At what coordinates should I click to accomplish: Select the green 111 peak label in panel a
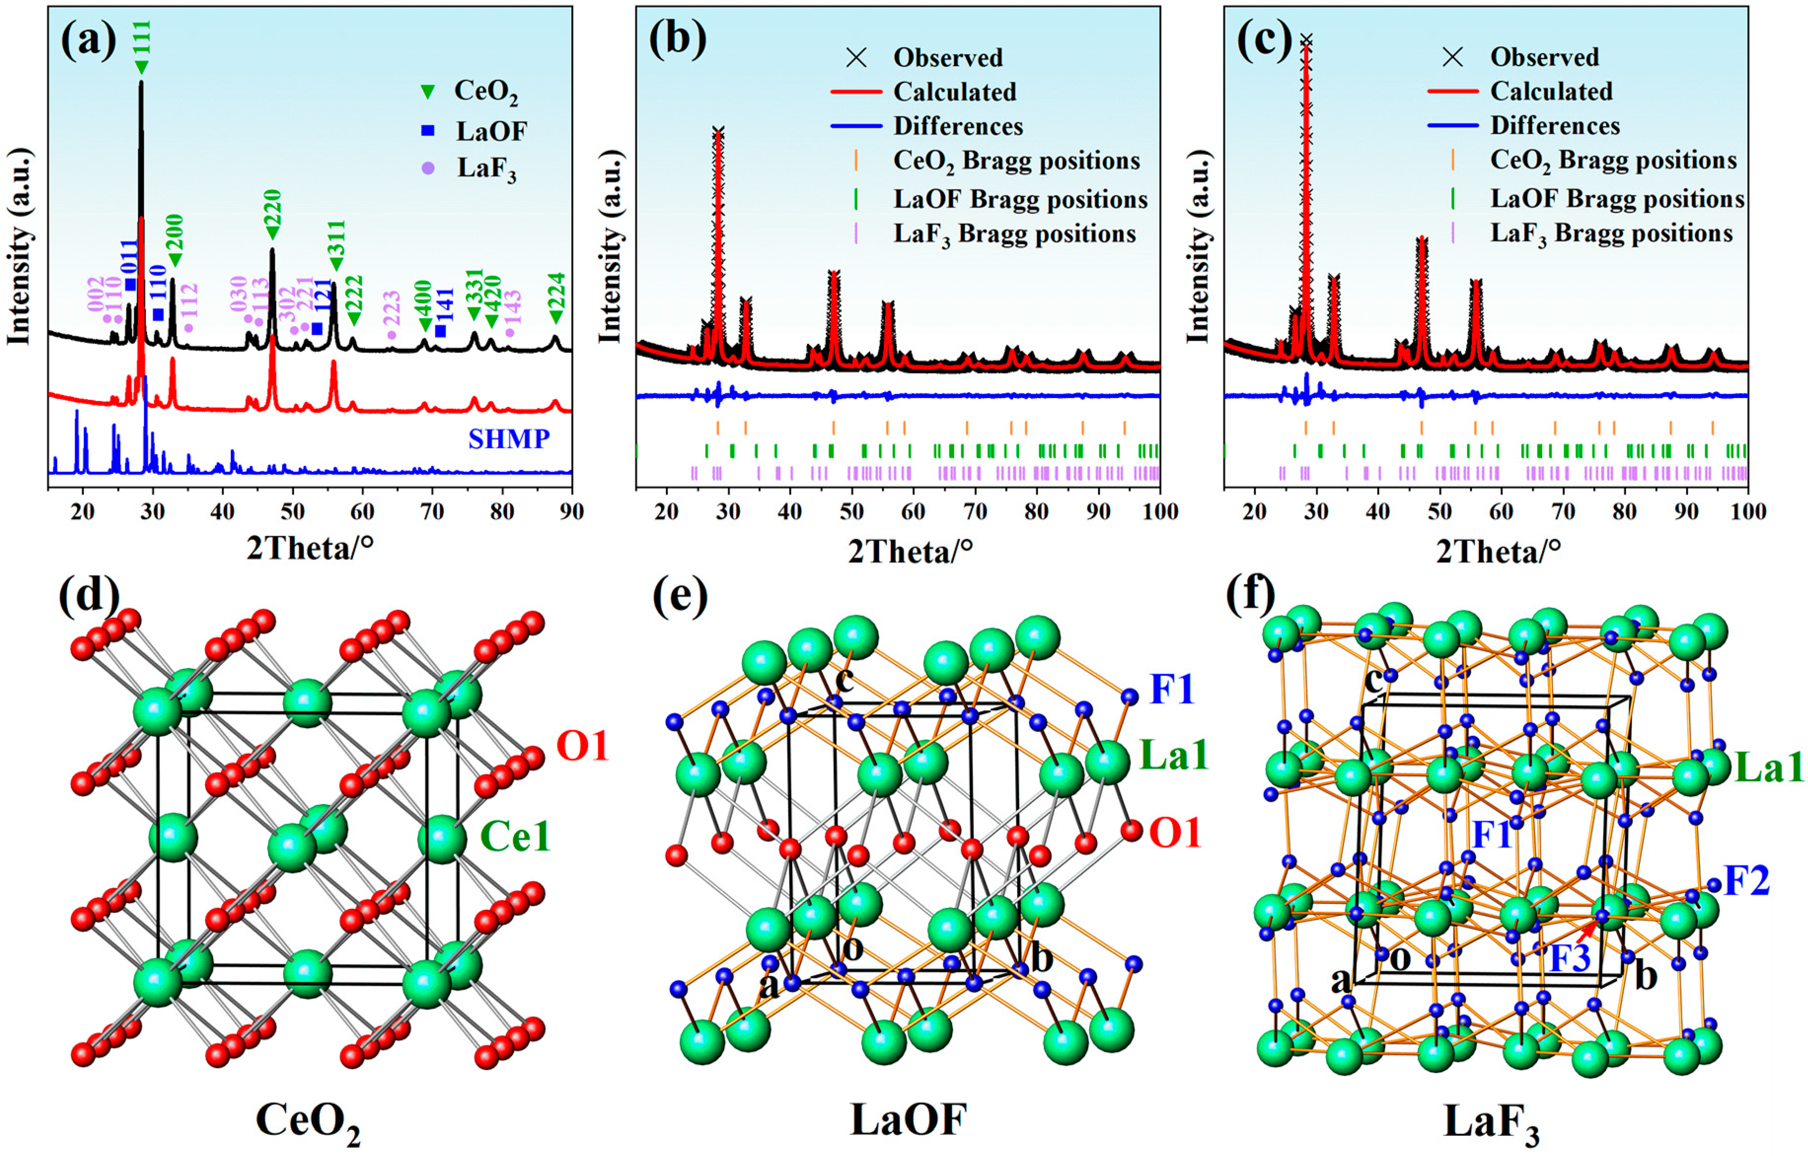point(142,37)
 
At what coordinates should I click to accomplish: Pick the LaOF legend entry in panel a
point(491,131)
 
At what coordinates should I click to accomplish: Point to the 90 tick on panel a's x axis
point(571,512)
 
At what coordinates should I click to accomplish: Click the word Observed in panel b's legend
point(948,58)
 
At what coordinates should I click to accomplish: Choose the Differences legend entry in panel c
point(1555,125)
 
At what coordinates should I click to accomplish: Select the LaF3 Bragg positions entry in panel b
point(1014,234)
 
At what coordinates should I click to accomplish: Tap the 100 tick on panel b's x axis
point(1159,512)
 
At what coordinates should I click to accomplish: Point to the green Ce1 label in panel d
point(515,836)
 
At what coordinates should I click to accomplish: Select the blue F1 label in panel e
point(1171,689)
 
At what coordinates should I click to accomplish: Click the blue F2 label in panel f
point(1746,881)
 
